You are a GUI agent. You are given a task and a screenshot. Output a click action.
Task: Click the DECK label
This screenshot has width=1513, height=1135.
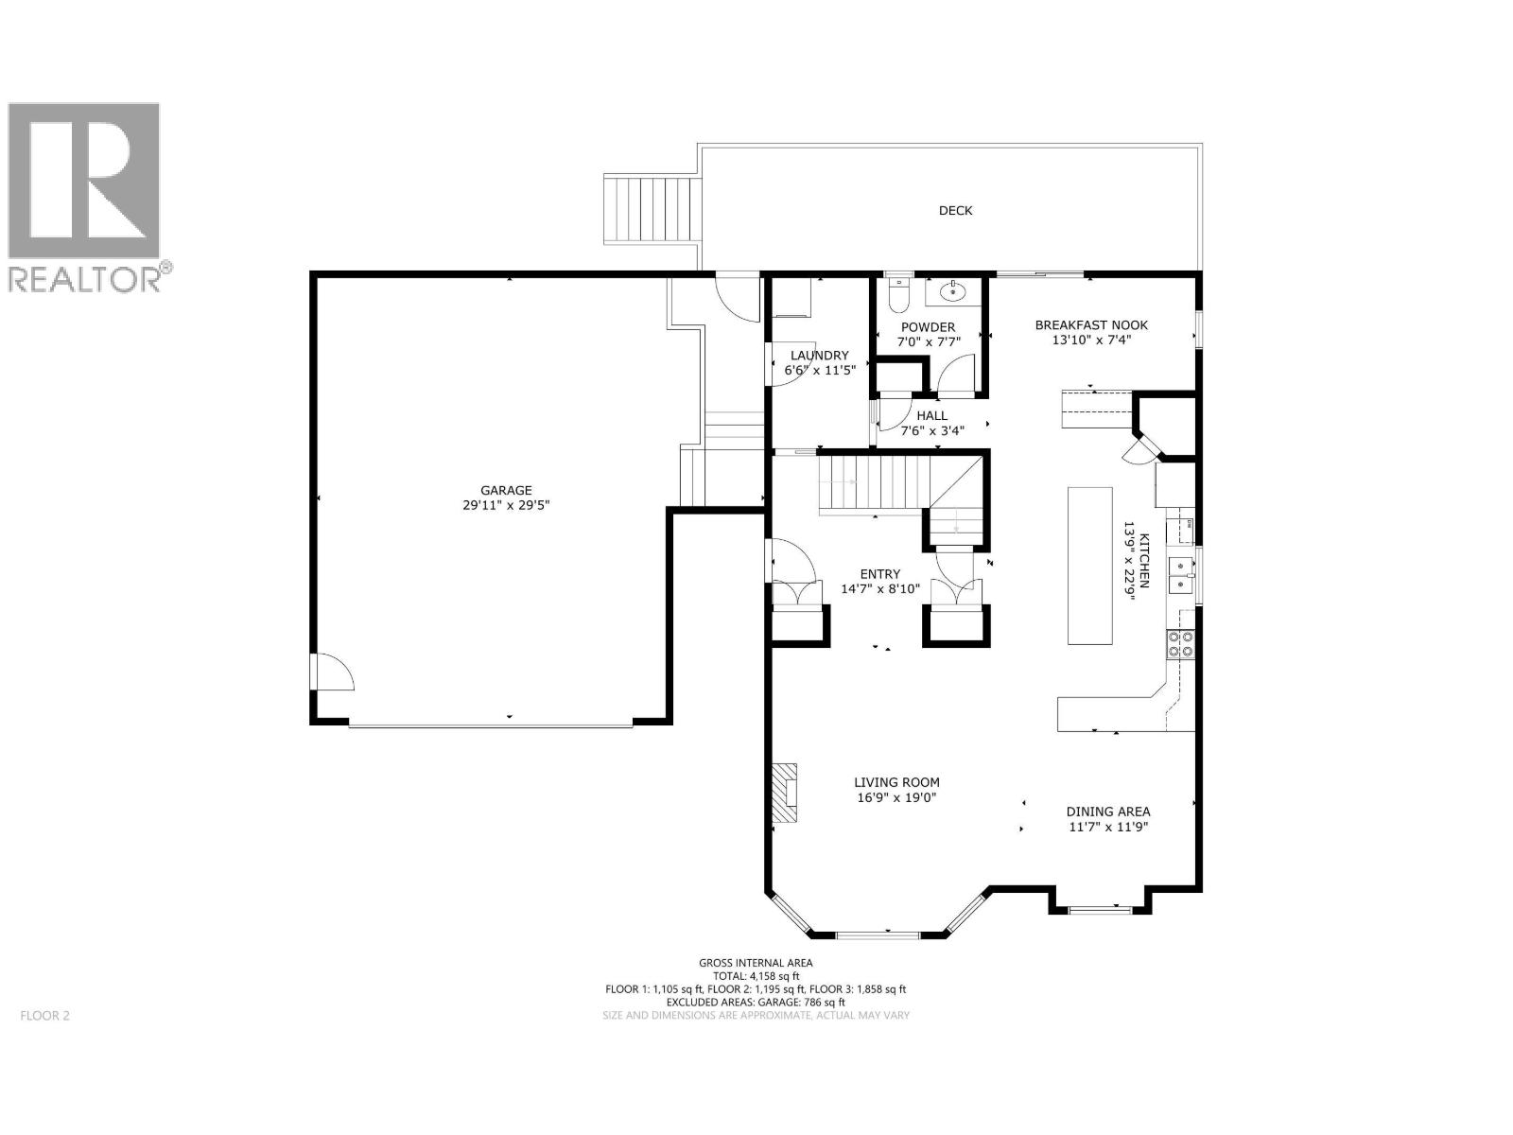pos(955,211)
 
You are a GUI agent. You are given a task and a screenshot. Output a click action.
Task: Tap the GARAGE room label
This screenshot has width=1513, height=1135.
pos(506,490)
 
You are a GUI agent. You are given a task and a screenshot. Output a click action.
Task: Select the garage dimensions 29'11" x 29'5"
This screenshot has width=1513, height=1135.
pos(506,506)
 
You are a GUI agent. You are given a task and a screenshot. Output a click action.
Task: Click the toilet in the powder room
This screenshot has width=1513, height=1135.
pos(897,295)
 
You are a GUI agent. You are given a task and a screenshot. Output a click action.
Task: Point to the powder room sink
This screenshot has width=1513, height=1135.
pos(948,292)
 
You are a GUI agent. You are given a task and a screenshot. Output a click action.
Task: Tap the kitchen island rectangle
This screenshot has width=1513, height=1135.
pos(1089,566)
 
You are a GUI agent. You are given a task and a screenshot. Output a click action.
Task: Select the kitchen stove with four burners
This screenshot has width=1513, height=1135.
pos(1181,644)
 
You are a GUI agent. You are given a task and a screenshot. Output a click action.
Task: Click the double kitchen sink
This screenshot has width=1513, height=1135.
pos(1181,574)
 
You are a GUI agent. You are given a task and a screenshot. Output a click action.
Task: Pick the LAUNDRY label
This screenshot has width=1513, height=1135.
pos(819,356)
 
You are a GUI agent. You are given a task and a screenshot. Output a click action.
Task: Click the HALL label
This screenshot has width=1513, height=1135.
pos(931,416)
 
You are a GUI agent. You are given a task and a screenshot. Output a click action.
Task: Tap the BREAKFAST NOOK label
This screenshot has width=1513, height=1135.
pos(1091,324)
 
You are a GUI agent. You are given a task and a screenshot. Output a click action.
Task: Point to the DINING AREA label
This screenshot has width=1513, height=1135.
pos(1108,812)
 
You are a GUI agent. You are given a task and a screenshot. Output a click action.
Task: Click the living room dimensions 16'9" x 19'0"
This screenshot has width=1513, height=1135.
pos(896,797)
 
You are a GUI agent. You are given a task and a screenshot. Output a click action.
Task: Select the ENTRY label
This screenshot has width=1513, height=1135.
pos(879,574)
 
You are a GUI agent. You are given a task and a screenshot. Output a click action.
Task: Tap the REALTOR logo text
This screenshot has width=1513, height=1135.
pos(85,279)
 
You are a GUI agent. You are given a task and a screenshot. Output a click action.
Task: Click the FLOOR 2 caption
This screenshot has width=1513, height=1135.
pos(44,1016)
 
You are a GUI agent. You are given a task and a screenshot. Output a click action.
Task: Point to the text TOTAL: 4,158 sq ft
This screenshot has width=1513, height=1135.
pos(756,976)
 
